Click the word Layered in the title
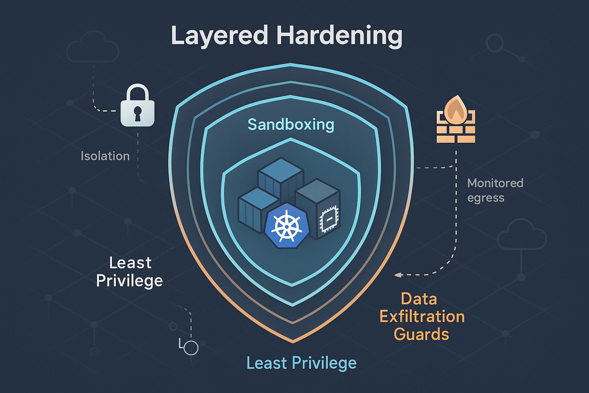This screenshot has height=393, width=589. click(x=219, y=36)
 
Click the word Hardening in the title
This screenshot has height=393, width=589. click(x=339, y=36)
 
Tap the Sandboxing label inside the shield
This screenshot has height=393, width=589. click(x=291, y=124)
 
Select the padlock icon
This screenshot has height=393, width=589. click(x=137, y=105)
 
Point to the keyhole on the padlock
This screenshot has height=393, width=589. click(x=138, y=114)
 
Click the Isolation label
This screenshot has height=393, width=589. click(x=105, y=156)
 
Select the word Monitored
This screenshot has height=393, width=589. click(x=495, y=183)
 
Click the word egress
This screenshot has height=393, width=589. click(x=486, y=198)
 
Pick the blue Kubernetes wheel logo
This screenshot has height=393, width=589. click(x=286, y=225)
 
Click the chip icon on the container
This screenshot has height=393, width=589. click(x=328, y=219)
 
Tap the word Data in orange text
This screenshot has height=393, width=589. click(x=419, y=299)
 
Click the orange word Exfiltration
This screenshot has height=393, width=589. click(x=422, y=317)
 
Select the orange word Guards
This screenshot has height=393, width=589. click(x=421, y=334)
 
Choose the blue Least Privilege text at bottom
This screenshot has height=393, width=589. click(x=301, y=363)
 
